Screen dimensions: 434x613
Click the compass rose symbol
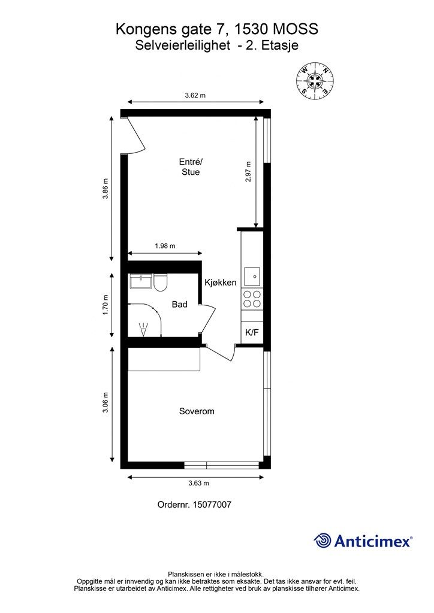pyautogui.click(x=314, y=81)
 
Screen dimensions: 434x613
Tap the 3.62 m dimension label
pyautogui.click(x=195, y=95)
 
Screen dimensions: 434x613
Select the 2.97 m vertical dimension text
pyautogui.click(x=248, y=172)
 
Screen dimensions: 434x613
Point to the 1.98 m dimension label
pyautogui.click(x=165, y=246)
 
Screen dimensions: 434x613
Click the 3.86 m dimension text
pyautogui.click(x=106, y=189)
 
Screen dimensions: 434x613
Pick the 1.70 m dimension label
pyautogui.click(x=105, y=305)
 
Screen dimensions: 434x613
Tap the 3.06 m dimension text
pyautogui.click(x=105, y=402)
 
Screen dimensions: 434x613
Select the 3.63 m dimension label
pyautogui.click(x=199, y=483)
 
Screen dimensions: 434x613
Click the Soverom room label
pyautogui.click(x=197, y=411)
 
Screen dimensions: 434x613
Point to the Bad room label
pyautogui.click(x=180, y=304)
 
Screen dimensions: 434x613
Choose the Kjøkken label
pyautogui.click(x=221, y=283)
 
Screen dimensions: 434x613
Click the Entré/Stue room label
pyautogui.click(x=191, y=167)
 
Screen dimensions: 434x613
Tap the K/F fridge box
pyautogui.click(x=252, y=332)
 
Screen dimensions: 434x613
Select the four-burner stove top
pyautogui.click(x=252, y=299)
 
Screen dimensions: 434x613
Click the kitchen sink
pyautogui.click(x=252, y=277)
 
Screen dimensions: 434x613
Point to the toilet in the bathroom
pyautogui.click(x=161, y=283)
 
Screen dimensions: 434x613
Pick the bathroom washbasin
pyautogui.click(x=141, y=281)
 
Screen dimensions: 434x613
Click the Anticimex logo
pyautogui.click(x=363, y=541)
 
